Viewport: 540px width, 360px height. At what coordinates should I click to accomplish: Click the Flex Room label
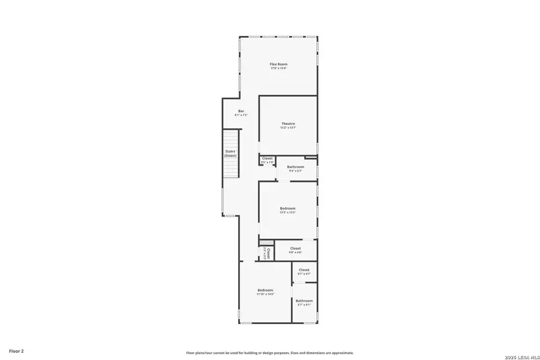278,64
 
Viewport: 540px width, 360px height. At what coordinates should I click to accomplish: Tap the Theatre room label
288,124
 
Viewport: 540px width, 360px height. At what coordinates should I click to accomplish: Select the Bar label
241,111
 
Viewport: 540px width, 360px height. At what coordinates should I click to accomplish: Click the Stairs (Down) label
230,153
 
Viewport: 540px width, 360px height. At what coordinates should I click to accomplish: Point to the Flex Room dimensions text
278,68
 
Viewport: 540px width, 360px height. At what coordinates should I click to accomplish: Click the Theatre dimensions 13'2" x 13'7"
288,128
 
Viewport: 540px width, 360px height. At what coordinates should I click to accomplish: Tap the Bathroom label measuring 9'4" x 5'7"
295,167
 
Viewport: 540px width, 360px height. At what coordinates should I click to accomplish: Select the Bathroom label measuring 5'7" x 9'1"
304,301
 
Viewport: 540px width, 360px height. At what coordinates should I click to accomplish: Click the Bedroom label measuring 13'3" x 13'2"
287,208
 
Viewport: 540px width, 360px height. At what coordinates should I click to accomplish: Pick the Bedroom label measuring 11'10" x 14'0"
265,290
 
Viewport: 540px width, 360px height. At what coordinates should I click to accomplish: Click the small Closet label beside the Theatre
267,158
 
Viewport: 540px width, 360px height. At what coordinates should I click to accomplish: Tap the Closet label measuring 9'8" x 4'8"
295,248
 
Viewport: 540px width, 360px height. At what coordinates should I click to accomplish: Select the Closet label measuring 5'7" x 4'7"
304,270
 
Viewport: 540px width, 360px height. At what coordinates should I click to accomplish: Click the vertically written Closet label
268,253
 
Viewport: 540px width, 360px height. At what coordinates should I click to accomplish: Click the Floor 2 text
16,350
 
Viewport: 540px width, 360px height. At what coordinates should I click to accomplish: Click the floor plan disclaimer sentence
269,353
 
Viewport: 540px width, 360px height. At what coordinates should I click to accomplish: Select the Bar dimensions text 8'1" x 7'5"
241,115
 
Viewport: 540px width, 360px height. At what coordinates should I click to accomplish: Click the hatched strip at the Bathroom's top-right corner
311,158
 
